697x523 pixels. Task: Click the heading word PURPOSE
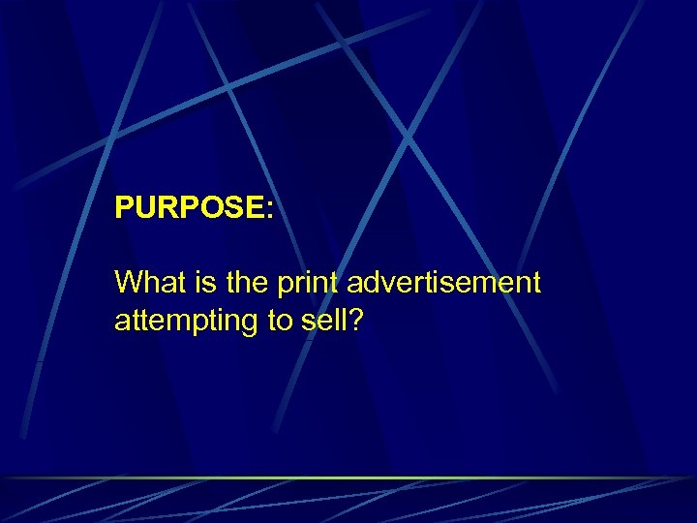(x=190, y=208)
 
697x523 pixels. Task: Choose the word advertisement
(x=443, y=283)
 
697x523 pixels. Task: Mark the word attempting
(x=184, y=322)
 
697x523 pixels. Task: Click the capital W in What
(x=128, y=283)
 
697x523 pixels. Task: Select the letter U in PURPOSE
(x=145, y=208)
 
